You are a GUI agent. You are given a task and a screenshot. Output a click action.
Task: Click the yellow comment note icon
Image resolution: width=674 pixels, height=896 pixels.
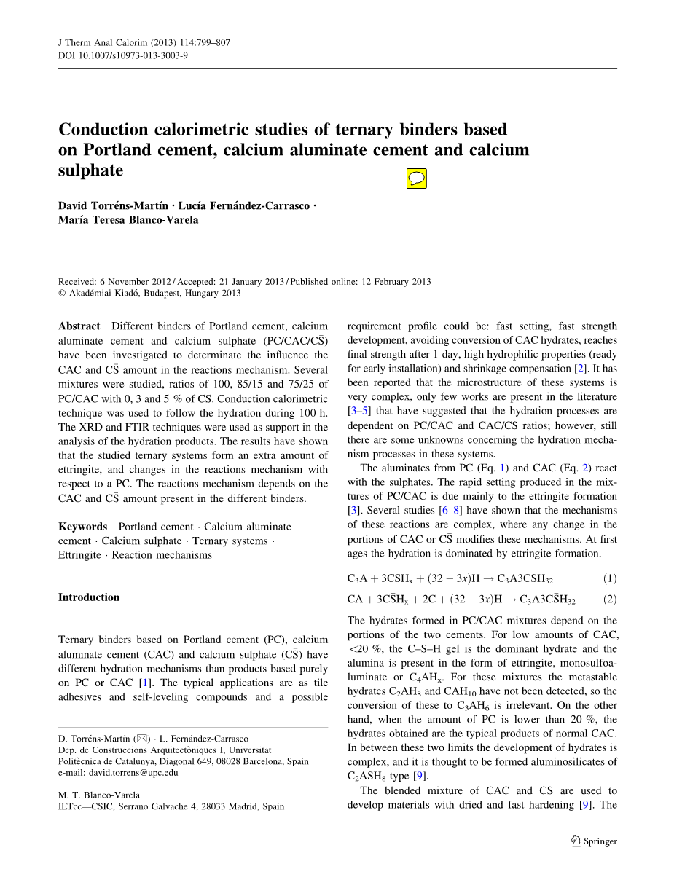416,178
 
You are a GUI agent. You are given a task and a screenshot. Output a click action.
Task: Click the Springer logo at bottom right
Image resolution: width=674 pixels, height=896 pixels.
594,841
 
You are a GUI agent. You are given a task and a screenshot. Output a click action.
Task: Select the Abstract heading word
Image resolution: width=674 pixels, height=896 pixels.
79,326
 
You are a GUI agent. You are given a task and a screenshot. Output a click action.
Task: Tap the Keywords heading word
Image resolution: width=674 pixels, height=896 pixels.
82,527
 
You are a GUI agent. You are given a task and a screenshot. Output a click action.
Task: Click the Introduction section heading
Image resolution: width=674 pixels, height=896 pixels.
89,597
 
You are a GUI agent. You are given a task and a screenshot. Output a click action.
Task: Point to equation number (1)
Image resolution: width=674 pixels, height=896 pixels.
609,579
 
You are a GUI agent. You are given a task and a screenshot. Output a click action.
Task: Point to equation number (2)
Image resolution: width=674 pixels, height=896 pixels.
609,600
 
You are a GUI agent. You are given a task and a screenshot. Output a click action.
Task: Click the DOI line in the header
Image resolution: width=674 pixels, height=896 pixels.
122,55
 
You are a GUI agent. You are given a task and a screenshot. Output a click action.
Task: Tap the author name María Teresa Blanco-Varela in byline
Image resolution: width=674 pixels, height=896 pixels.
128,220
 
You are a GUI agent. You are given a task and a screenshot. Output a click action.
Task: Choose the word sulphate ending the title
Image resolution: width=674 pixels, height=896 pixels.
90,170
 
